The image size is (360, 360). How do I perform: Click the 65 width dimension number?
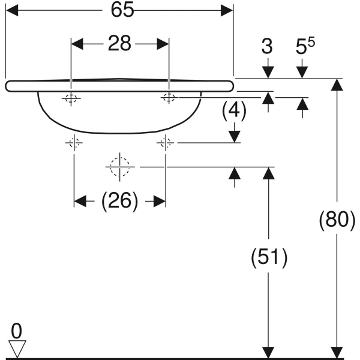tap(122, 10)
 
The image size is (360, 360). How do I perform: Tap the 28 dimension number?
tap(119, 43)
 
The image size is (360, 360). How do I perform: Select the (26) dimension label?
tap(119, 201)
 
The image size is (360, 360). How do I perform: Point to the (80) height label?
tap(337, 219)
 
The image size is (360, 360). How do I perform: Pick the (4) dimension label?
tap(234, 110)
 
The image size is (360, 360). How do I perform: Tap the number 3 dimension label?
tap(267, 47)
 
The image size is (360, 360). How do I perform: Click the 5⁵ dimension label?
tap(305, 46)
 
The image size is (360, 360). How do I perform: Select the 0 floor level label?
tap(16, 331)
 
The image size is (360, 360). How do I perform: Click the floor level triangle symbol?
tap(17, 349)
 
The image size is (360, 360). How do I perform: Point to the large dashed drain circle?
tap(119, 167)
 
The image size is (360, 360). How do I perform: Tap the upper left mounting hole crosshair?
tap(71, 98)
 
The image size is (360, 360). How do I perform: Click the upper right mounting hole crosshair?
tap(169, 97)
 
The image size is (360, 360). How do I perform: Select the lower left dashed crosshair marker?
tap(74, 143)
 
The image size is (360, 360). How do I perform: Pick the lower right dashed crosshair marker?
tap(166, 143)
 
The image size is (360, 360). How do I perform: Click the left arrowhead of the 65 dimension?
tap(12, 10)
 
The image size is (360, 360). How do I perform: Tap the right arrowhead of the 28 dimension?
tap(163, 44)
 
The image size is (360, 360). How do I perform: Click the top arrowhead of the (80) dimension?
tap(337, 85)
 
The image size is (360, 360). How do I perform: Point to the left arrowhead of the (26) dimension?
tap(80, 202)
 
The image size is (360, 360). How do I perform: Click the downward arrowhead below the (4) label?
tap(235, 137)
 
